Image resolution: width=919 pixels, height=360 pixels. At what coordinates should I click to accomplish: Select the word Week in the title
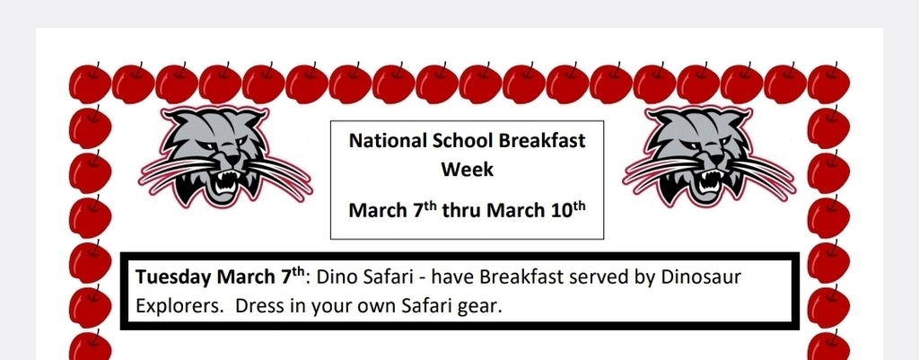(x=467, y=170)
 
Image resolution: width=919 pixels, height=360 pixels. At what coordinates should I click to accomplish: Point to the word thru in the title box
(x=462, y=210)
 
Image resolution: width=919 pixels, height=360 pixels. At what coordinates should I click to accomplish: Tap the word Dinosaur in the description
(x=701, y=277)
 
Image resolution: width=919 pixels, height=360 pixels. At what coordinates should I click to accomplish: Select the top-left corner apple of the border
(x=90, y=83)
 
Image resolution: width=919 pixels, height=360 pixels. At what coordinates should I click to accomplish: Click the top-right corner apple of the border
(x=828, y=83)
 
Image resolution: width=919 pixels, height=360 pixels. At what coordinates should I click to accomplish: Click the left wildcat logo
(x=225, y=157)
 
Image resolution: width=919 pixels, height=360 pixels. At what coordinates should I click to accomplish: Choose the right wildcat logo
(x=709, y=157)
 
